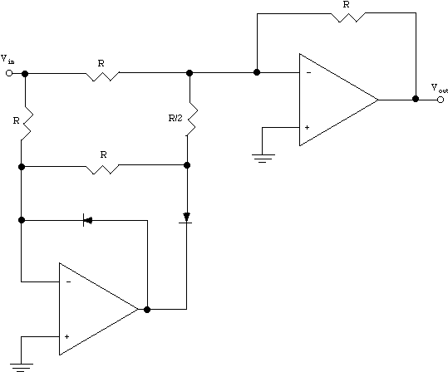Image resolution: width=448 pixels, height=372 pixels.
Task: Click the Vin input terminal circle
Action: pyautogui.click(x=9, y=73)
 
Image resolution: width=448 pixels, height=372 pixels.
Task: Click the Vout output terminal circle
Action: pyautogui.click(x=441, y=100)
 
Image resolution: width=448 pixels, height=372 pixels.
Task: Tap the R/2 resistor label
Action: pyautogui.click(x=175, y=118)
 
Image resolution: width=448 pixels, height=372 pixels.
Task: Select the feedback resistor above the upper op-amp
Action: pyautogui.click(x=348, y=17)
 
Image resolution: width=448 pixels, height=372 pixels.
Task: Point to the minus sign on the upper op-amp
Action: pyautogui.click(x=308, y=73)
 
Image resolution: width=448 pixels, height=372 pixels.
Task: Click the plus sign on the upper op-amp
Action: pyautogui.click(x=308, y=127)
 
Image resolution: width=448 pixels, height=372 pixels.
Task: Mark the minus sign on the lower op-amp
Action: pyautogui.click(x=68, y=281)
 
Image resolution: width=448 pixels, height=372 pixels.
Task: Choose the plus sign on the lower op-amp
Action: pyautogui.click(x=66, y=336)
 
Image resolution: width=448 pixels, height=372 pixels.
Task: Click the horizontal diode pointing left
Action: pyautogui.click(x=87, y=220)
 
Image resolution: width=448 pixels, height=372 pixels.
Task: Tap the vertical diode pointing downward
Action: pyautogui.click(x=186, y=218)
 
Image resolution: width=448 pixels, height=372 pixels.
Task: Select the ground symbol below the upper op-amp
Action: pyautogui.click(x=263, y=159)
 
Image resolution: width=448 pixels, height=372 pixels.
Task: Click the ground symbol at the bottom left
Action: pyautogui.click(x=21, y=368)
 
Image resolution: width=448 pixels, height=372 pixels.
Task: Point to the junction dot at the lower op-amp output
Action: pyautogui.click(x=147, y=310)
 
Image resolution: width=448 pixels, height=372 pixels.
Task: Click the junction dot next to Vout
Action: pyautogui.click(x=416, y=99)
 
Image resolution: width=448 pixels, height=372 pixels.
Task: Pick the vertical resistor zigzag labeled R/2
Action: pyautogui.click(x=191, y=118)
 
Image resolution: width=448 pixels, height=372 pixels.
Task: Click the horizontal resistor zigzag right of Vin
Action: pyautogui.click(x=102, y=76)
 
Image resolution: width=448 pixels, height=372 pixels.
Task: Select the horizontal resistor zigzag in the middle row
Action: pyautogui.click(x=102, y=169)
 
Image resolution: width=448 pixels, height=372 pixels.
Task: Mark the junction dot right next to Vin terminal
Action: pyautogui.click(x=25, y=74)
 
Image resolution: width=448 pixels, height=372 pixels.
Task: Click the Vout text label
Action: pyautogui.click(x=439, y=88)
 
